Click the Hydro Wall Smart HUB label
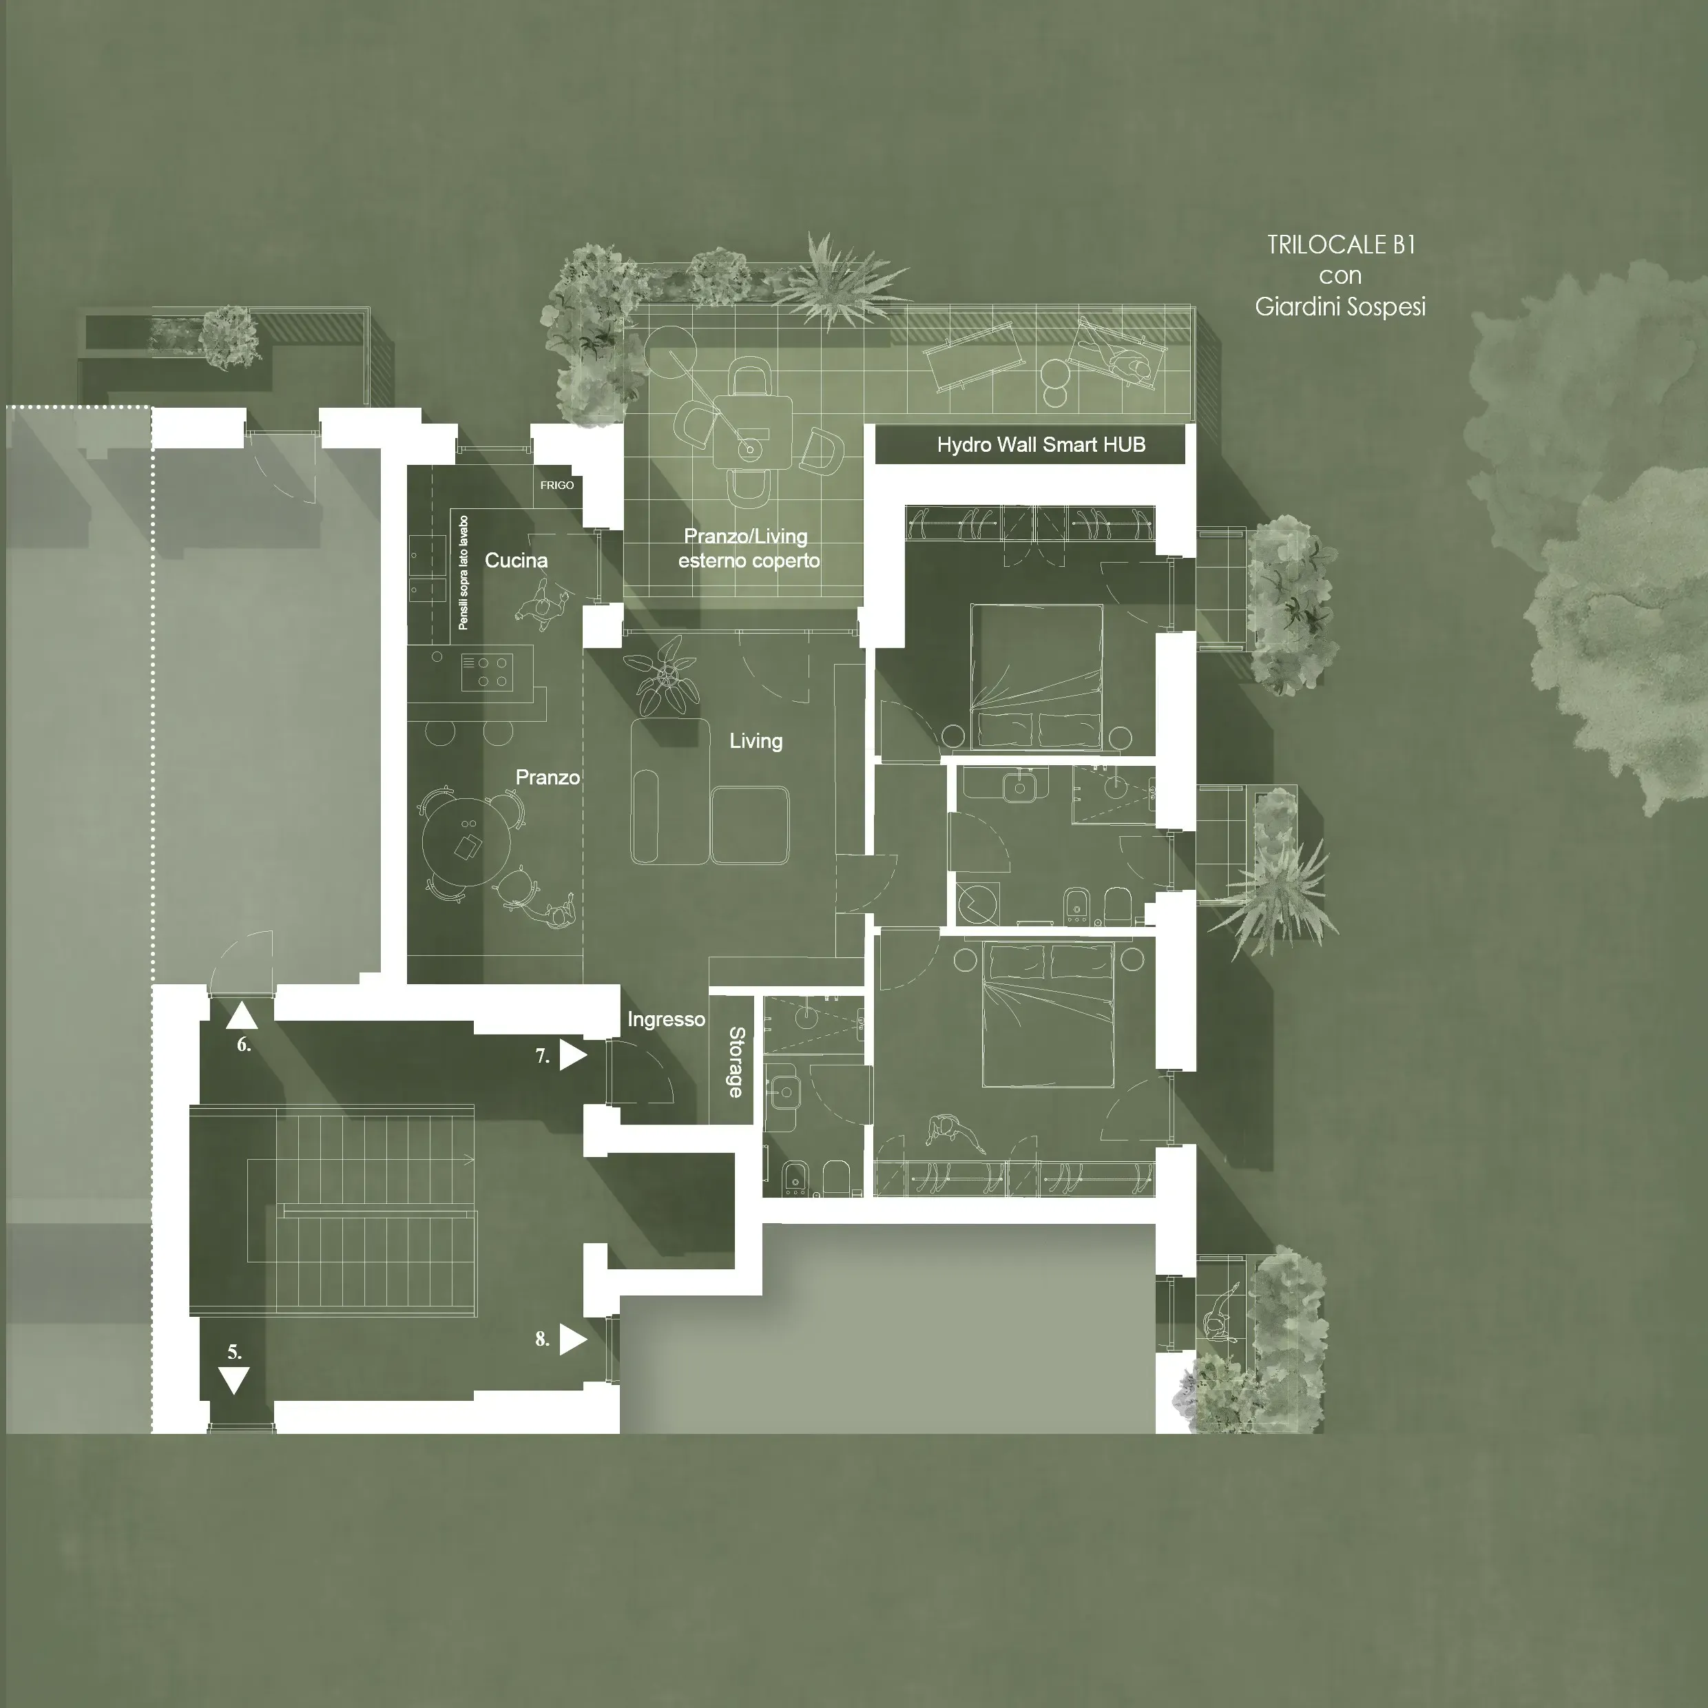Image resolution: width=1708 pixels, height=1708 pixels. (x=1041, y=445)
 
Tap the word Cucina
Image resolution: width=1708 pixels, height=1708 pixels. (x=517, y=561)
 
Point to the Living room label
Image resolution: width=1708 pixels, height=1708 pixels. (x=756, y=741)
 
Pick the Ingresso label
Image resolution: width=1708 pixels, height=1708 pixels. (x=666, y=1019)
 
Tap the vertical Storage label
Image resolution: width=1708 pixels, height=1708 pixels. (x=736, y=1062)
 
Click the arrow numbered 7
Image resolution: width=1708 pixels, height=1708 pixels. (x=573, y=1056)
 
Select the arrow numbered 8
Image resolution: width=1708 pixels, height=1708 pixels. (x=573, y=1340)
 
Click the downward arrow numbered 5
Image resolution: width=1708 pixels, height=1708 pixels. (x=233, y=1380)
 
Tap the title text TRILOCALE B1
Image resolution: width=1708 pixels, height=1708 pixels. (x=1341, y=245)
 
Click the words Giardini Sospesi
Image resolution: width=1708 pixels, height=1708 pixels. (x=1340, y=306)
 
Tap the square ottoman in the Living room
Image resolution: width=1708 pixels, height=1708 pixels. (x=751, y=825)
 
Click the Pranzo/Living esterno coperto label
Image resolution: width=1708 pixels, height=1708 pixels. (x=748, y=549)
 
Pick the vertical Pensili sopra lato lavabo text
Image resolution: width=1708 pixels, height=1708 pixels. (x=464, y=573)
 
